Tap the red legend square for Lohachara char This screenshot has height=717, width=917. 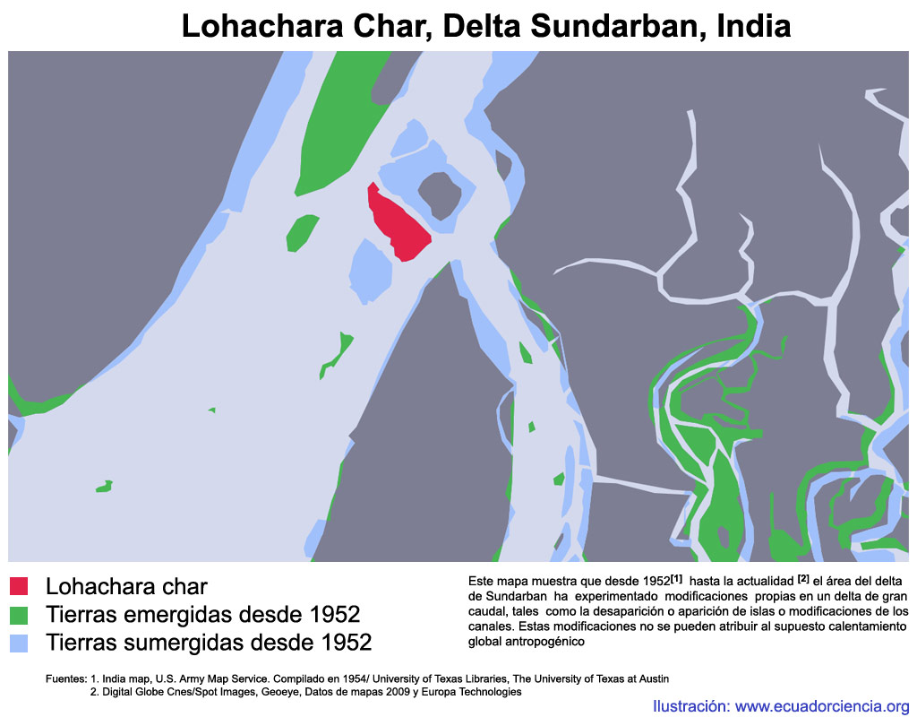[x=20, y=586]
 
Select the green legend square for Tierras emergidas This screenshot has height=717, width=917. [x=20, y=615]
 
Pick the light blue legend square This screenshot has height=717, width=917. [x=20, y=643]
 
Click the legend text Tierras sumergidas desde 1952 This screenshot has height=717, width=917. [x=208, y=643]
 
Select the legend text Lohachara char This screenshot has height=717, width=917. [x=126, y=586]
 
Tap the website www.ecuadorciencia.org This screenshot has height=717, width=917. [x=822, y=705]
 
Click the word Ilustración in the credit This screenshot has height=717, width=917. [x=690, y=705]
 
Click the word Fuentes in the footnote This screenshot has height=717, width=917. [x=65, y=678]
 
